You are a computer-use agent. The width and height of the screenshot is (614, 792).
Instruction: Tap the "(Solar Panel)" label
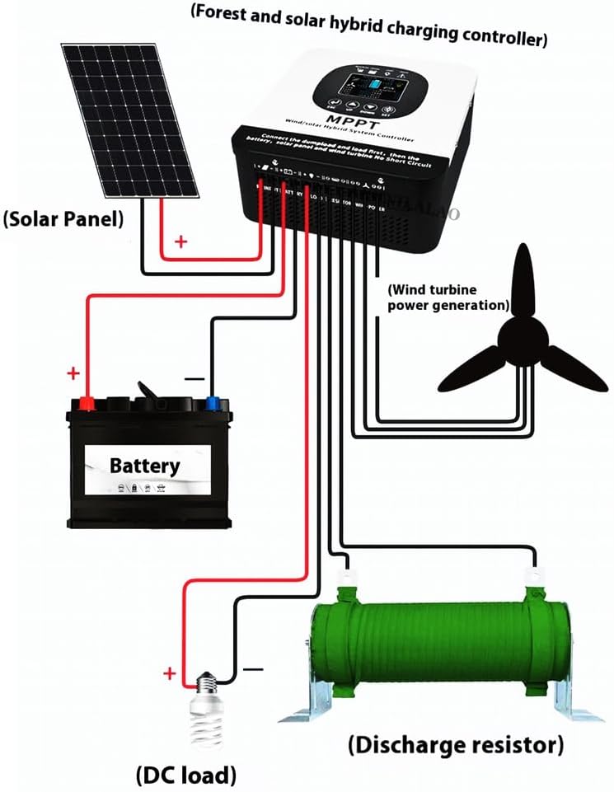tap(63, 219)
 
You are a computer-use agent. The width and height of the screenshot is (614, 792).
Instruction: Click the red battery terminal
tap(86, 403)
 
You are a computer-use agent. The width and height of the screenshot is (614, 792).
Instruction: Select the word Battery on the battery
tap(144, 466)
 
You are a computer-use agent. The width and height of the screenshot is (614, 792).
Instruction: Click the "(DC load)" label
tap(185, 775)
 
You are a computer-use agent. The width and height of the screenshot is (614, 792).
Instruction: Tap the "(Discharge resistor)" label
tap(456, 747)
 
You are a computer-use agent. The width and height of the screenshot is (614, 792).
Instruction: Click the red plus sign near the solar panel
tap(180, 242)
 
